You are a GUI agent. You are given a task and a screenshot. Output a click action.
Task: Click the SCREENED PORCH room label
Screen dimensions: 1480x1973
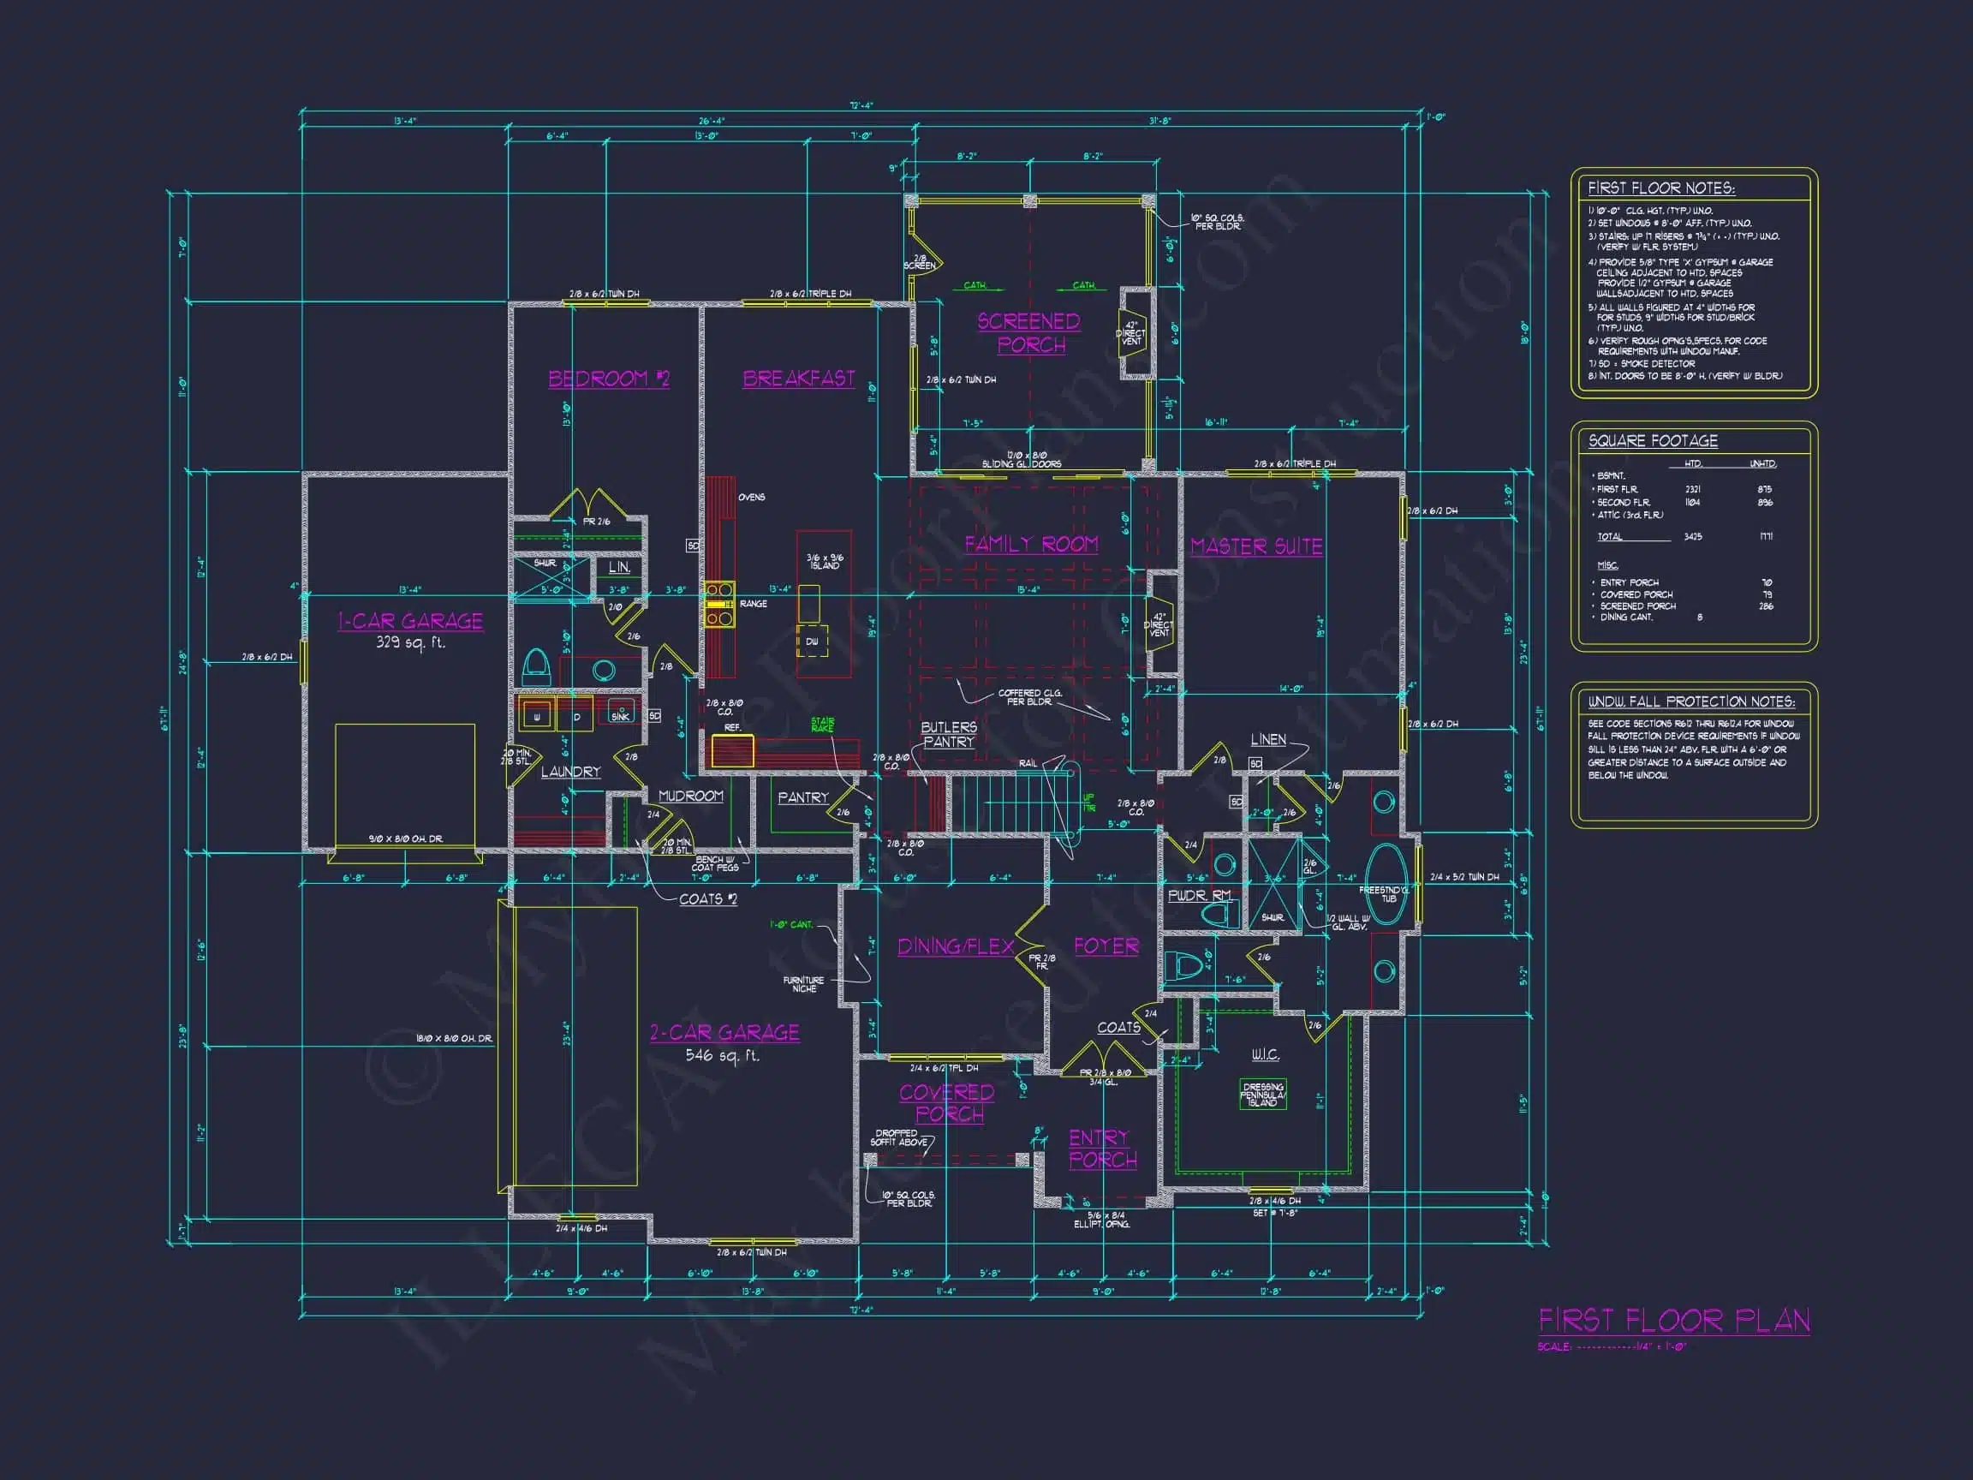[1029, 333]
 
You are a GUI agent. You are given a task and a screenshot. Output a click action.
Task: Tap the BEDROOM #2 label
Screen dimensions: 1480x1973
[608, 379]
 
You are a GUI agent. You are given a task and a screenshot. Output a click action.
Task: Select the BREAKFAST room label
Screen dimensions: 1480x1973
[798, 379]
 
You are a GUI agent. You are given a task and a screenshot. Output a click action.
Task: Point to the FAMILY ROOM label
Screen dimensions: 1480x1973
[1031, 544]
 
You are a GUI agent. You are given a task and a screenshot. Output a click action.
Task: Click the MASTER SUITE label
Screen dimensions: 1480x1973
[1256, 546]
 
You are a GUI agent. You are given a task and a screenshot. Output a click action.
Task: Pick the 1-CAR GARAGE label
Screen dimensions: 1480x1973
[410, 621]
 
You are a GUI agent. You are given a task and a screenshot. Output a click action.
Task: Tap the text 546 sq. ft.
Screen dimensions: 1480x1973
[723, 1055]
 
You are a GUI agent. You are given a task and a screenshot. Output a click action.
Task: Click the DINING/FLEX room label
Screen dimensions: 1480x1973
[956, 946]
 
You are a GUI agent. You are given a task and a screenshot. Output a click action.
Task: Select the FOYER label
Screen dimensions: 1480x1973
[1106, 946]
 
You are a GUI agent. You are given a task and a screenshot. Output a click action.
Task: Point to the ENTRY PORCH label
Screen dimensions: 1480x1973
[1102, 1149]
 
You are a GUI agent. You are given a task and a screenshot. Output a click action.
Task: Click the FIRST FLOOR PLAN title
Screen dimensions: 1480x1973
[1674, 1322]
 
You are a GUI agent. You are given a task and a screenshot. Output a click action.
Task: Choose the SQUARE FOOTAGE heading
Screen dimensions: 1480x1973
[1653, 441]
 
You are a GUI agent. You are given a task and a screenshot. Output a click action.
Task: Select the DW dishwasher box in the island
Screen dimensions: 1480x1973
[812, 642]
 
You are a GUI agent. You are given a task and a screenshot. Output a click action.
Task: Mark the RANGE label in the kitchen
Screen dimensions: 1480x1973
[753, 604]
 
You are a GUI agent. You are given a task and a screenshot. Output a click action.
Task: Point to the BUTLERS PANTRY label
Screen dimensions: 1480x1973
[949, 734]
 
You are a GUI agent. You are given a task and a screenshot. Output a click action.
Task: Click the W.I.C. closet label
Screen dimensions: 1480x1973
[1265, 1054]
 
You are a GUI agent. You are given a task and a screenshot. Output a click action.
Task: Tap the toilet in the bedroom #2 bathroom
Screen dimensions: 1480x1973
[536, 665]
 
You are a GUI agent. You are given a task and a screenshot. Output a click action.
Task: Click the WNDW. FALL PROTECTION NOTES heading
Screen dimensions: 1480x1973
[1691, 702]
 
